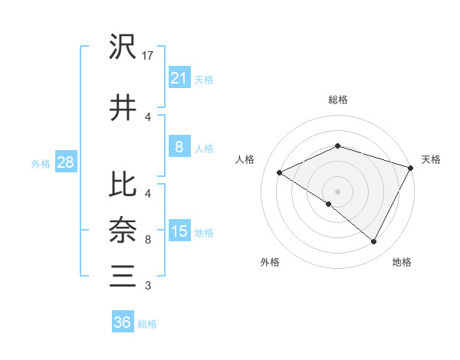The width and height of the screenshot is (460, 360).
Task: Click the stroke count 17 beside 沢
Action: [x=149, y=56]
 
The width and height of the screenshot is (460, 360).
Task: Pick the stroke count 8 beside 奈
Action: [x=148, y=240]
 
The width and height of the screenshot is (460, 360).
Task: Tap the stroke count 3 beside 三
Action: [x=148, y=286]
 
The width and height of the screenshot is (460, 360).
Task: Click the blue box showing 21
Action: [x=179, y=78]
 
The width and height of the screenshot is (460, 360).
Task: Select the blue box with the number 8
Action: [x=179, y=148]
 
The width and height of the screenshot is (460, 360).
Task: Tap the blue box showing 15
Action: [x=179, y=232]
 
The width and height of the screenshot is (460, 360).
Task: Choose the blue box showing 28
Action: [x=65, y=163]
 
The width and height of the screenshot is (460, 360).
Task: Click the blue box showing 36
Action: [x=123, y=323]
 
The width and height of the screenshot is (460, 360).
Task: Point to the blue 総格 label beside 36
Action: [x=147, y=324]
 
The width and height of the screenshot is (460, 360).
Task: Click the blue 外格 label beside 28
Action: [x=40, y=164]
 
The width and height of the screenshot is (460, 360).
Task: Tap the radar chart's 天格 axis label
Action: [x=431, y=159]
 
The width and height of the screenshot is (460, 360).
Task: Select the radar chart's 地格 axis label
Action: [x=402, y=262]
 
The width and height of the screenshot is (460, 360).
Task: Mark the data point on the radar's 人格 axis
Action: [x=280, y=172]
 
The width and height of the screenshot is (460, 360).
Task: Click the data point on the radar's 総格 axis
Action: [x=337, y=146]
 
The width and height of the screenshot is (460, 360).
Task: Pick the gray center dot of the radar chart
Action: [x=337, y=191]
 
